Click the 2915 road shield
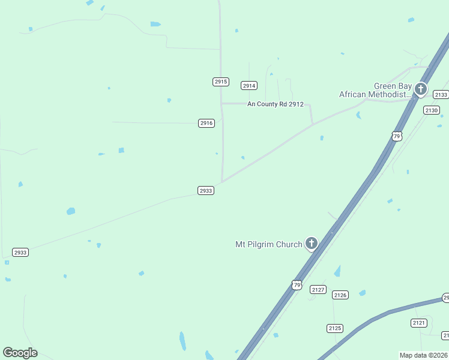220,82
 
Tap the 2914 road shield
249,86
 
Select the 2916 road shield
206,123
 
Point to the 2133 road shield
441,95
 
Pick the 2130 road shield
432,110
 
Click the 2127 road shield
318,289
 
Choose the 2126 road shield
340,295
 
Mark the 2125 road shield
335,328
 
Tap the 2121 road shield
419,323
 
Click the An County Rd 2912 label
276,104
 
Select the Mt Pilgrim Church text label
268,244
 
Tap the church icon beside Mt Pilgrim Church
311,244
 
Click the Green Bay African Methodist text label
376,91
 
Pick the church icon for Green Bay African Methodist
421,90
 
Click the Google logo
20,353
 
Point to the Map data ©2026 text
424,355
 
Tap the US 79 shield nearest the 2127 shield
297,284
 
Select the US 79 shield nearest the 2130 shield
397,136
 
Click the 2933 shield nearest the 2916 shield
206,191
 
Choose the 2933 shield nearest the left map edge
20,253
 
